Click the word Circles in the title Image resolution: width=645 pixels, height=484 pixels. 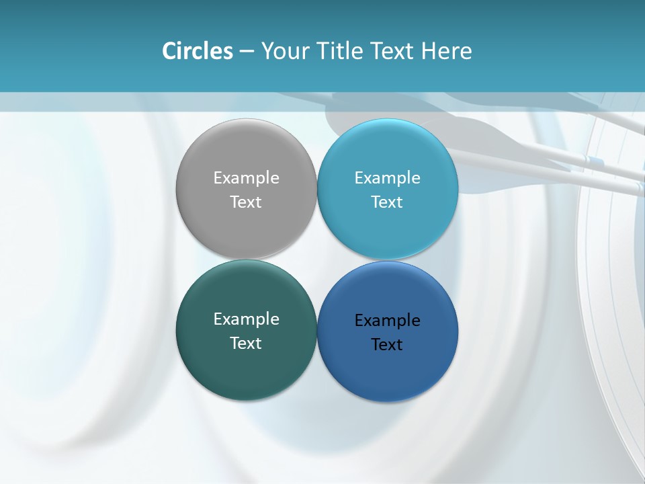tap(197, 51)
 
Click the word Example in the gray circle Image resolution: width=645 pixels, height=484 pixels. tap(246, 178)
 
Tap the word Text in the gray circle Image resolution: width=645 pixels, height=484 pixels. tap(246, 202)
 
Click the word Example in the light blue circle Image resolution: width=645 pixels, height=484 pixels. tap(387, 178)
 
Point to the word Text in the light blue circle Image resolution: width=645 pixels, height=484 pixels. tap(387, 202)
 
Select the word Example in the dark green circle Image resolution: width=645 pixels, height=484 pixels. tap(246, 319)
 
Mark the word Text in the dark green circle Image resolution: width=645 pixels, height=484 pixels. tap(246, 344)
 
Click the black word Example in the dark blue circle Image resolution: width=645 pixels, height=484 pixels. tap(387, 321)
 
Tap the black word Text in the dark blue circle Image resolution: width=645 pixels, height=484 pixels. tap(387, 345)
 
